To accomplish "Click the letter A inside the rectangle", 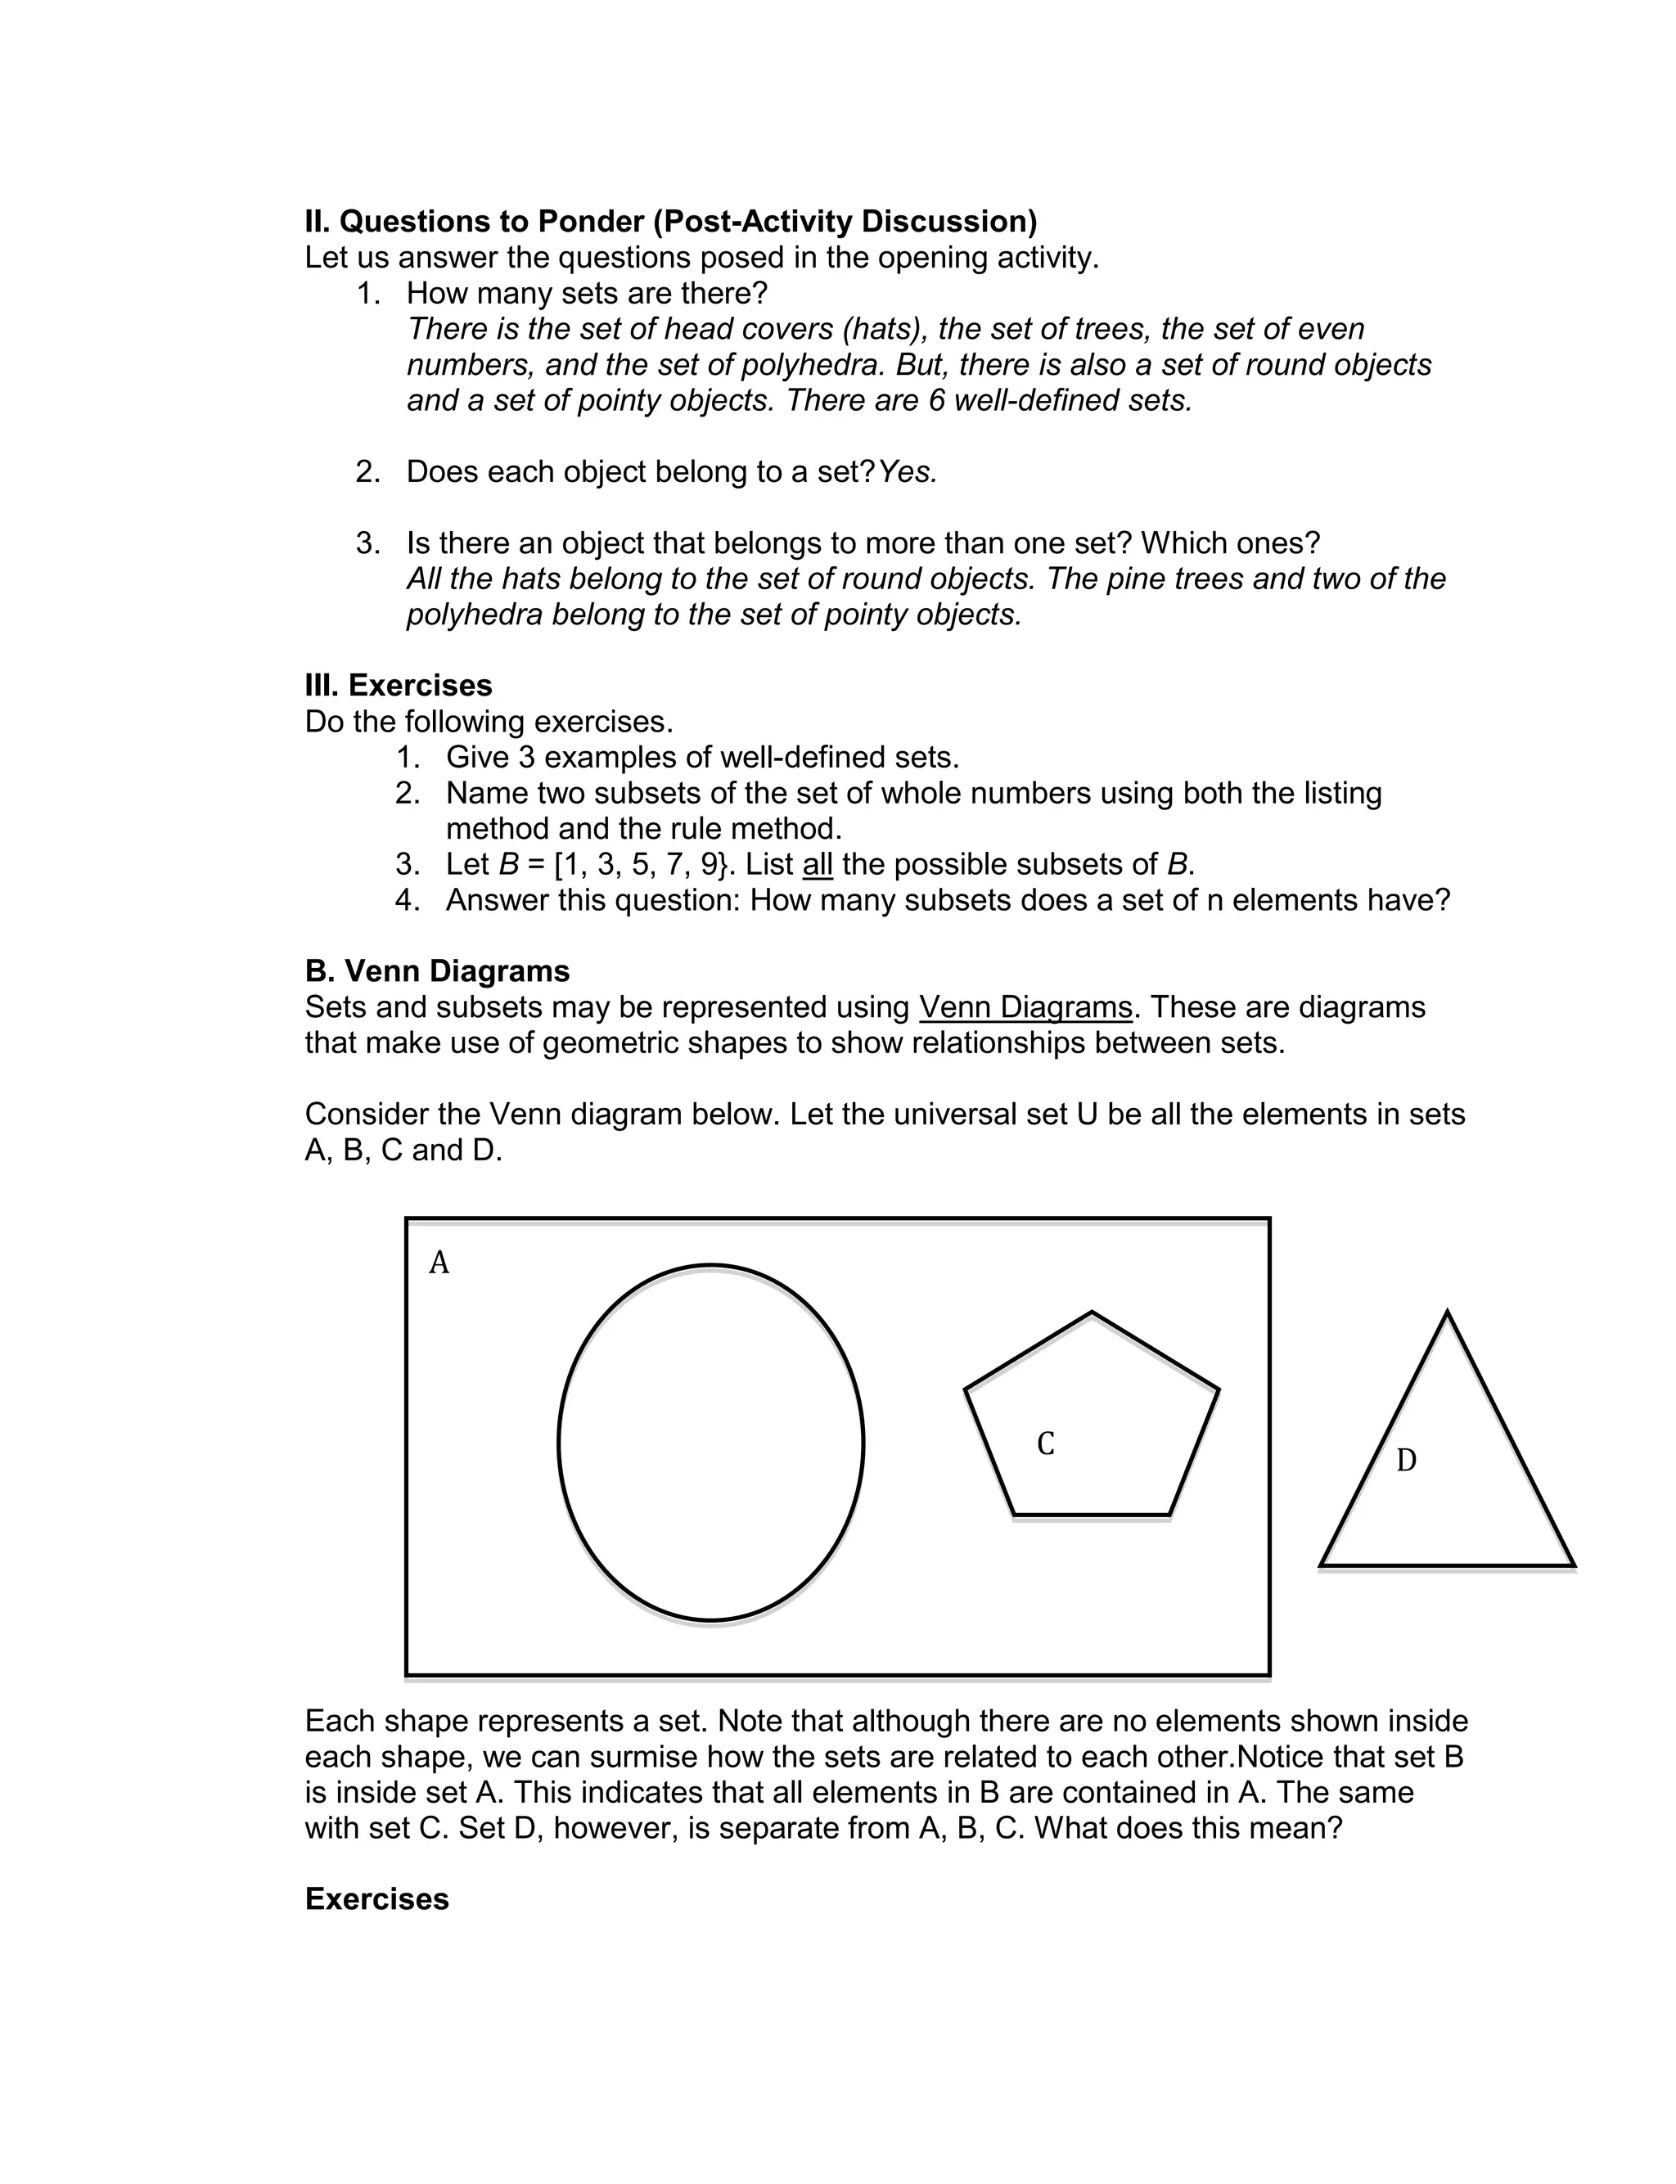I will click(439, 1263).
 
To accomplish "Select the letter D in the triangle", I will click(1406, 1460).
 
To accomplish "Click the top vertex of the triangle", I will click(1447, 1313).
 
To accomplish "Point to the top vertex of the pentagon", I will click(1092, 1313).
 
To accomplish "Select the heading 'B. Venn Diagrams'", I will click(437, 970).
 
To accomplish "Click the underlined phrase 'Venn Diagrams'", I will click(1025, 1007).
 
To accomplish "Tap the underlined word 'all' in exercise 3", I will click(817, 865).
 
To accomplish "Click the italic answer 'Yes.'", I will click(908, 471).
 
